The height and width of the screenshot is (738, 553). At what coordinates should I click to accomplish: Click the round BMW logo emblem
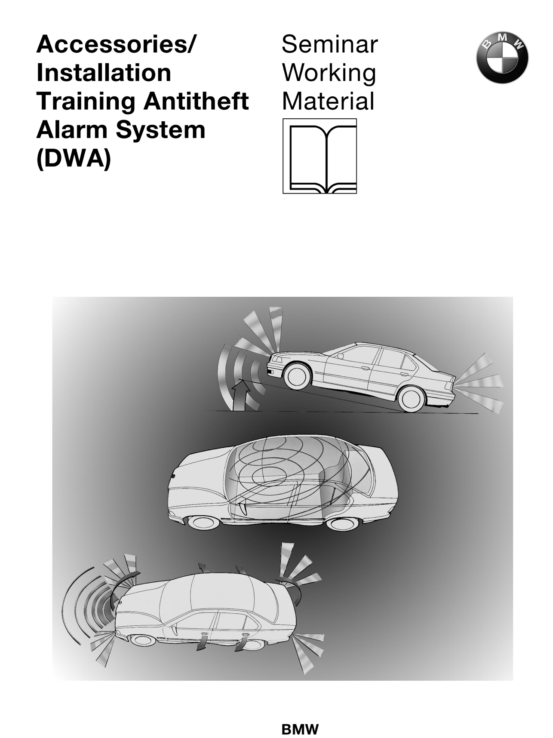[x=502, y=57]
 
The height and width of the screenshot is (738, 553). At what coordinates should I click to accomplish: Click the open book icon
[x=320, y=156]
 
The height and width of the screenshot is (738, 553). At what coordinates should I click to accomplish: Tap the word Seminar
[x=329, y=44]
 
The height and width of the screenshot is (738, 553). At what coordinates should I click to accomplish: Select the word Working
[x=329, y=74]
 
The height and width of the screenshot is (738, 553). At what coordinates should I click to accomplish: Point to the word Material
[x=328, y=101]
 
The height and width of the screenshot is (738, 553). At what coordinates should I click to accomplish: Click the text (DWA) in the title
[x=74, y=159]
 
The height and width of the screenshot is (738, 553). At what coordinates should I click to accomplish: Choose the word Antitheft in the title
[x=196, y=101]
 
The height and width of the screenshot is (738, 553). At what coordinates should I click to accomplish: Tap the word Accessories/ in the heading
[x=116, y=44]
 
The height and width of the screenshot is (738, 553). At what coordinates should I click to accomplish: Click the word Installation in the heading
[x=104, y=73]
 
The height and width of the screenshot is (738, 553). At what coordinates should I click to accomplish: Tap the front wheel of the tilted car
[x=296, y=375]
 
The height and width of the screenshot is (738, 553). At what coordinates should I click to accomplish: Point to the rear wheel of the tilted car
[x=411, y=399]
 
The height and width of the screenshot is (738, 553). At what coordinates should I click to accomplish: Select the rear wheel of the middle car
[x=342, y=523]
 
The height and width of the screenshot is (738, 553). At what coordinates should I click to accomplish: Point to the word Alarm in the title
[x=73, y=130]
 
